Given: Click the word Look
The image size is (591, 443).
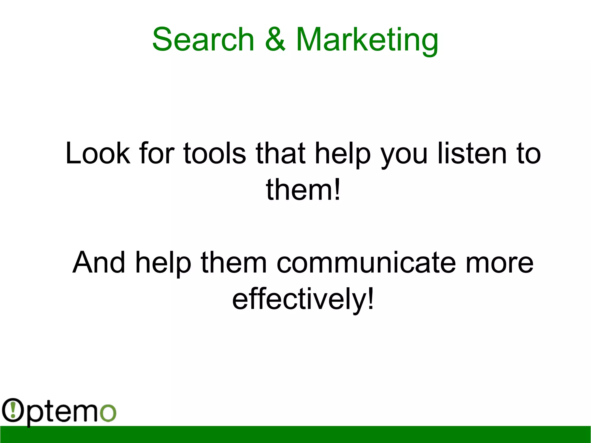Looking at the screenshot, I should (x=98, y=153).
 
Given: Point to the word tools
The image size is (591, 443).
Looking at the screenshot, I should (x=214, y=153).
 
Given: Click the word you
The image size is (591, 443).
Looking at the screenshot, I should (x=404, y=156).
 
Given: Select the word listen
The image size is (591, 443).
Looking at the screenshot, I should (x=472, y=153).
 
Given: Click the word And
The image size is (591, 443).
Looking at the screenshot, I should (x=99, y=262).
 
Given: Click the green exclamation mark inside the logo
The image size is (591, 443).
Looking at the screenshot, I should (x=13, y=410).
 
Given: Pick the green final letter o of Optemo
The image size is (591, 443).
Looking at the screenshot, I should (x=108, y=413).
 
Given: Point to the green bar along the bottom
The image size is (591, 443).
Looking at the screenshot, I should (x=295, y=434).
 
